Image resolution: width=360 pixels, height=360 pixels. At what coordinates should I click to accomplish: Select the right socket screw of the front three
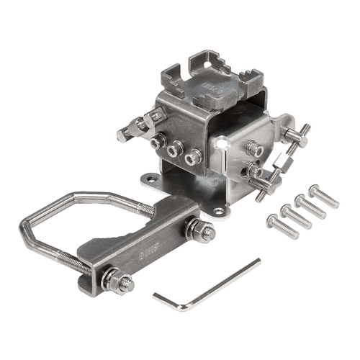tap(191, 156)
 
